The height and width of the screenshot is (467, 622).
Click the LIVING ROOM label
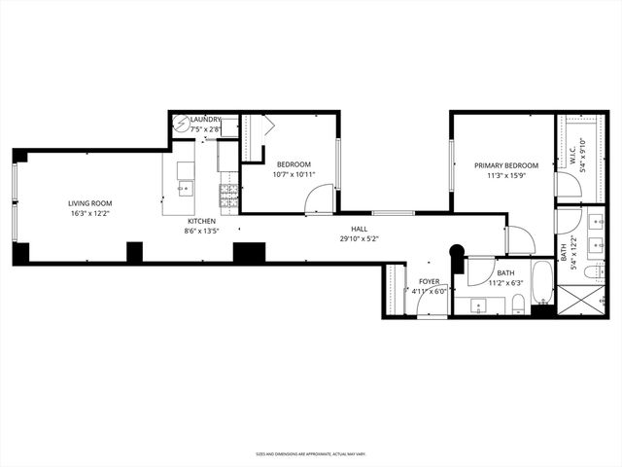pos(86,203)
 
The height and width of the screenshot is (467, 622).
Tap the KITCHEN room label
pos(201,221)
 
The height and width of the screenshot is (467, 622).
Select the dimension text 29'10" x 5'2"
pos(359,238)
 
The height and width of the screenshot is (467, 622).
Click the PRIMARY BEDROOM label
pos(505,165)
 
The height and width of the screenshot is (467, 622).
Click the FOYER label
pos(429,281)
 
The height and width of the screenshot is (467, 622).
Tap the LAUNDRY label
pos(205,119)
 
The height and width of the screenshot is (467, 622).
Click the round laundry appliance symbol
pos(181,124)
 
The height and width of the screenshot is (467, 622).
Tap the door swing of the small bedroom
pos(319,200)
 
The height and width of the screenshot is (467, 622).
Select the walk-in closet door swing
pos(567,185)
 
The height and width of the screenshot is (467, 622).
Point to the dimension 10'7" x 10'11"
pos(294,176)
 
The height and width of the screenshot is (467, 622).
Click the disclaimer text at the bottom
pos(310,453)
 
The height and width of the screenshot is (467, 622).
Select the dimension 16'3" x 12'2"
pos(86,214)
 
